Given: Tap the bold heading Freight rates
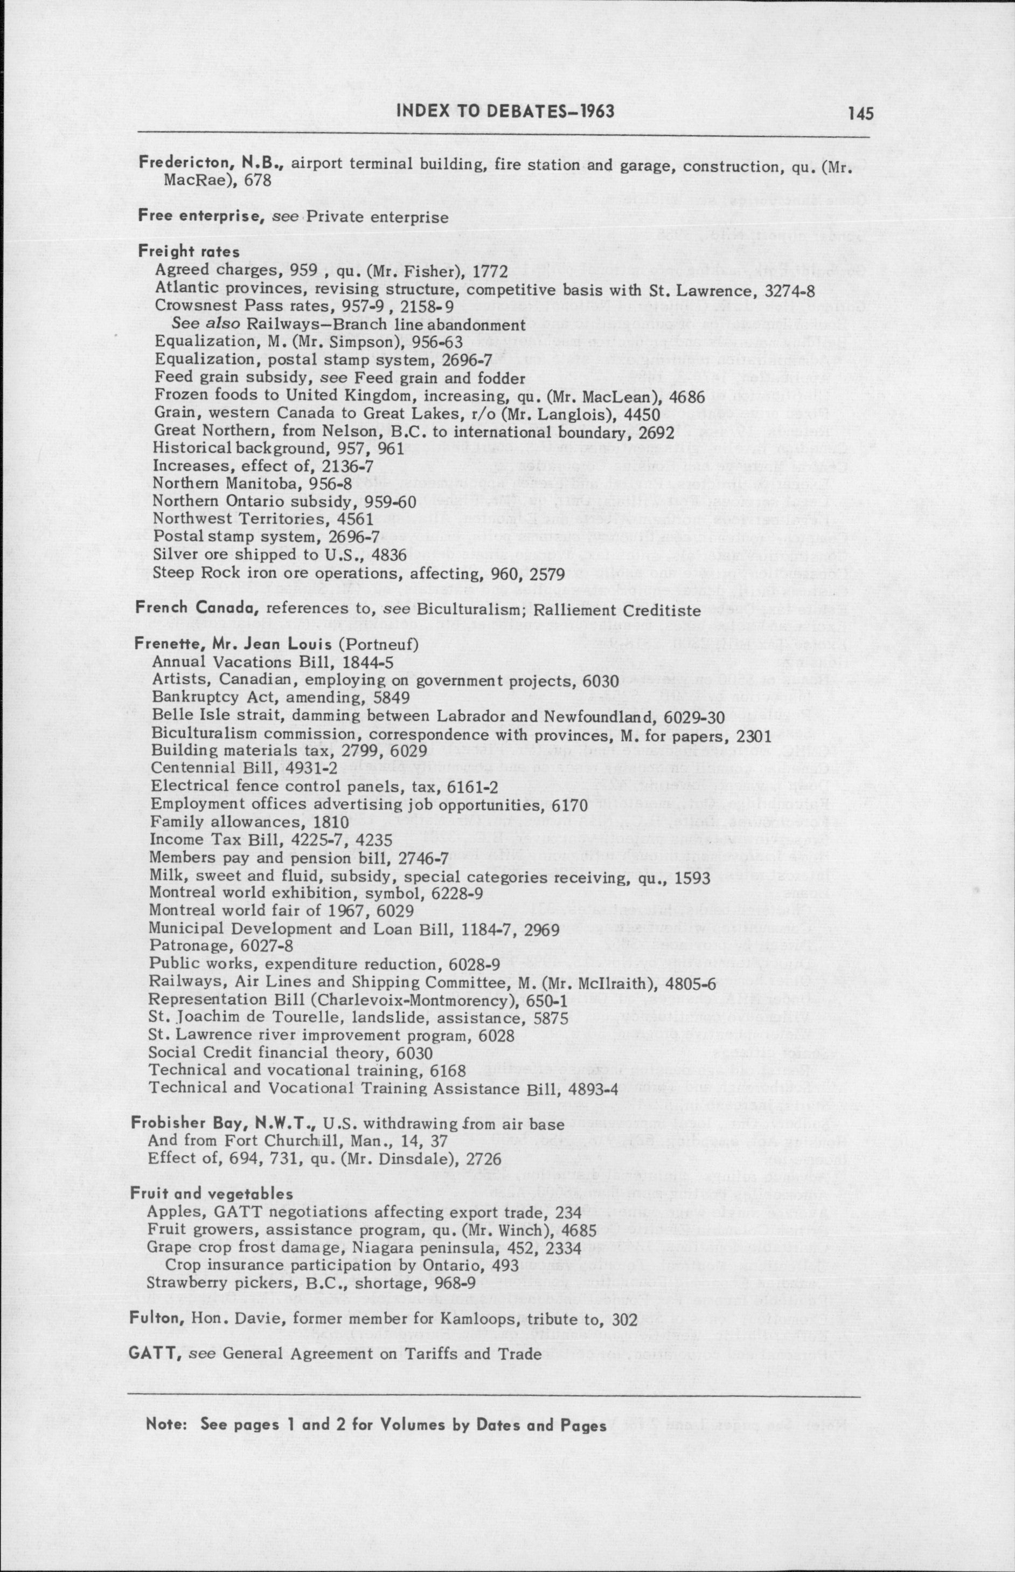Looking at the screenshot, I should tap(189, 251).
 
